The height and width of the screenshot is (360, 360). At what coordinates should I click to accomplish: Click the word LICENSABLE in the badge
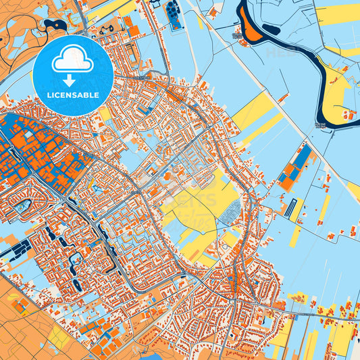click(x=72, y=95)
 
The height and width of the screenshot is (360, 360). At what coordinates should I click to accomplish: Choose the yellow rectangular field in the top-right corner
click(x=338, y=14)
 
